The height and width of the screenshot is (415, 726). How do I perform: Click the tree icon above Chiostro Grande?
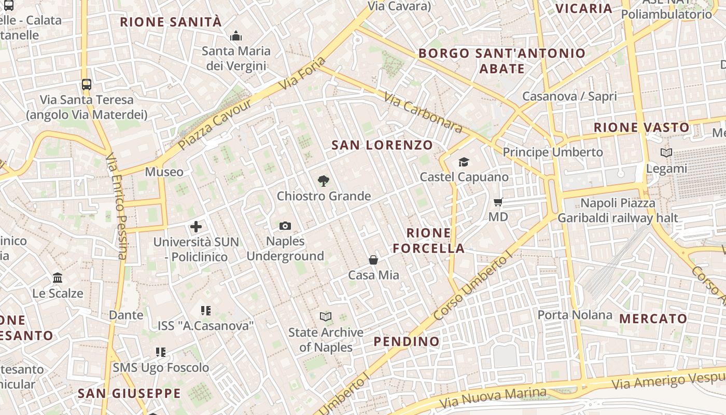tap(324, 181)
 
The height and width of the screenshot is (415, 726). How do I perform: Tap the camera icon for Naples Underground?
tap(285, 226)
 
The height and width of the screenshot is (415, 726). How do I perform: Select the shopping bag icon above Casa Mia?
tap(373, 260)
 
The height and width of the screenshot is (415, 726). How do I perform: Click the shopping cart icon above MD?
tap(498, 202)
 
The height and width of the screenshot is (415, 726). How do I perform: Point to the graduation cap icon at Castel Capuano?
tap(464, 162)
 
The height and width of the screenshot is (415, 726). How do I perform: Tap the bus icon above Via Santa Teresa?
tap(87, 84)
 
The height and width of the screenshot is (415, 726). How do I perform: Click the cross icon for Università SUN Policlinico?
tap(196, 227)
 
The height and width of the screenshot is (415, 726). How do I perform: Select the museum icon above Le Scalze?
tap(58, 278)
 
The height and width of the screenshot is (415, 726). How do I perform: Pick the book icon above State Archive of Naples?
tap(326, 316)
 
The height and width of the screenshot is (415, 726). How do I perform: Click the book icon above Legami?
tap(666, 153)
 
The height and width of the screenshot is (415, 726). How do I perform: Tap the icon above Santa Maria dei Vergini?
tap(236, 36)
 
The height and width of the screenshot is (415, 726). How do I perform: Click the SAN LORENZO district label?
tap(382, 145)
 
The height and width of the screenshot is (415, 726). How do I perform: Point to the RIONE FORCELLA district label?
tap(429, 241)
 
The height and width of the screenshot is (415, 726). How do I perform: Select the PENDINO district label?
tap(407, 341)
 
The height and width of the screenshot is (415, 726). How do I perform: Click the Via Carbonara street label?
tap(423, 113)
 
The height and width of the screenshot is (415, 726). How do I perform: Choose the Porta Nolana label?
tap(575, 315)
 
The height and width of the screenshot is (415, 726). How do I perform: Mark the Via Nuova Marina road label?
tap(493, 397)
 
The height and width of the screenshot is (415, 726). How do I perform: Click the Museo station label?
tap(164, 172)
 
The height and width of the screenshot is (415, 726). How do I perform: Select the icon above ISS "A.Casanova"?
tap(206, 311)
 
